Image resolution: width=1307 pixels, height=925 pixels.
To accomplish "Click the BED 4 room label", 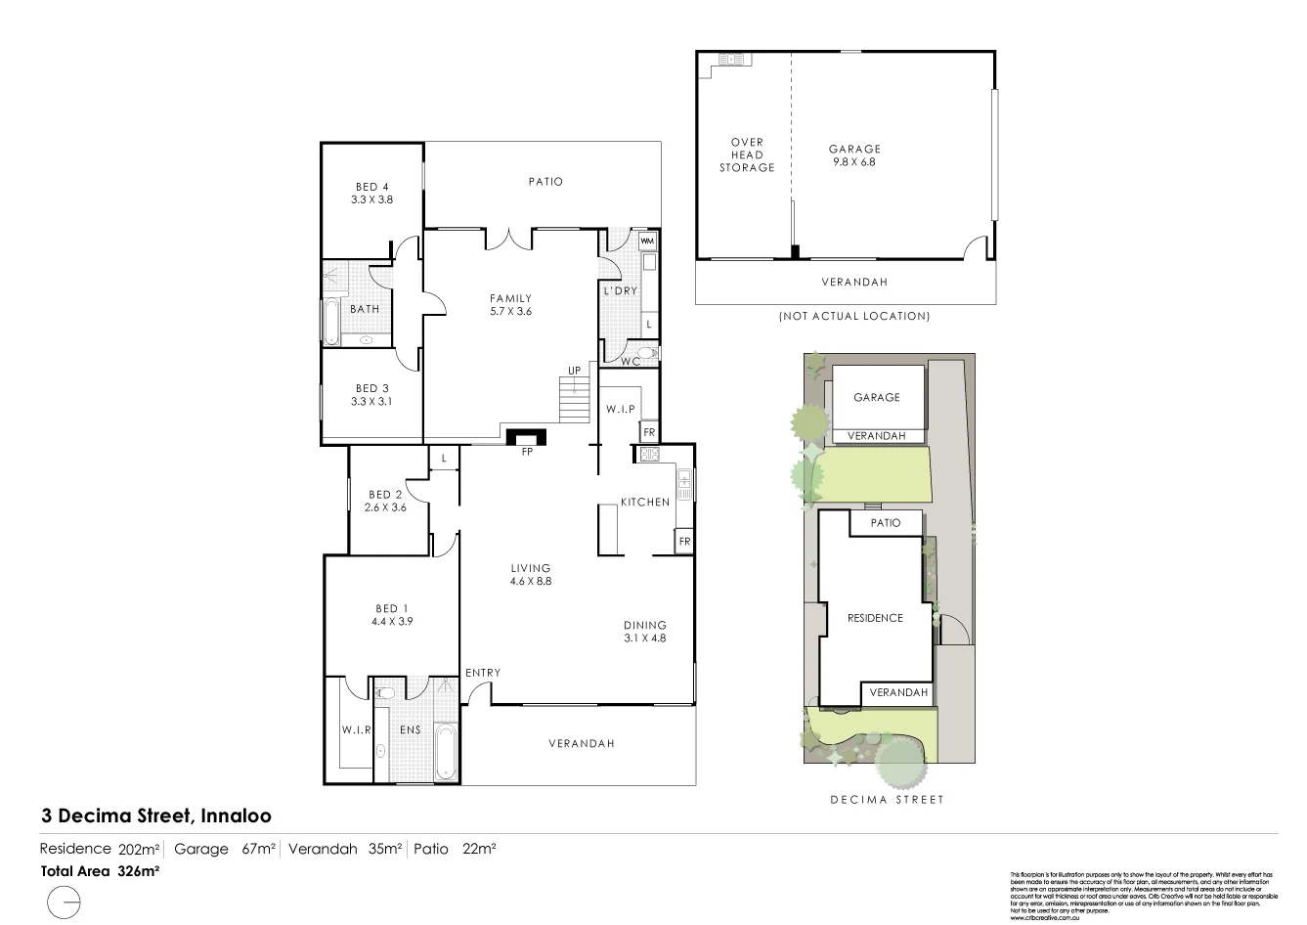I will click(x=371, y=193).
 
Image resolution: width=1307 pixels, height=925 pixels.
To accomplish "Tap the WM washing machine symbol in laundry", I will click(x=647, y=241).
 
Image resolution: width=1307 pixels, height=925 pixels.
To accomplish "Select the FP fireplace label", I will click(x=527, y=453).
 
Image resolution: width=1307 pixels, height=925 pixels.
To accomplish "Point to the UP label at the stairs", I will click(x=573, y=371).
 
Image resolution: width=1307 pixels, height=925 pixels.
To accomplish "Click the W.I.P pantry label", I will click(x=621, y=409).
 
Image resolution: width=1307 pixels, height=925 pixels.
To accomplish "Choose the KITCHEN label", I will click(x=645, y=503).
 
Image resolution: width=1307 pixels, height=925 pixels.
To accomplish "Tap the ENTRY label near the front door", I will click(x=483, y=673).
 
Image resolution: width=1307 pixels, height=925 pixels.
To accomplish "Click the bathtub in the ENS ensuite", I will click(x=445, y=752).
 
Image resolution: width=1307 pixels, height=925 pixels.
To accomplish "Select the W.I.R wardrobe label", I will click(x=353, y=729).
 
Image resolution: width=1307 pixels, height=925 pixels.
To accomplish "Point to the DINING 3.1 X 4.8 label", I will click(x=645, y=632).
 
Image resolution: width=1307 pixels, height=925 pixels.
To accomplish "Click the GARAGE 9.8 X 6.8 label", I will click(x=854, y=155).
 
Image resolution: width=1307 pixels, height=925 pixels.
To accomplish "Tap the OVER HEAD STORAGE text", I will click(x=747, y=154).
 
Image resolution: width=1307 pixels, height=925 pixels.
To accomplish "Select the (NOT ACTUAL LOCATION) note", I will click(x=853, y=316).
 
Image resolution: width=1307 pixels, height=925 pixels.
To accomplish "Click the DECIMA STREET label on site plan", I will click(x=887, y=800).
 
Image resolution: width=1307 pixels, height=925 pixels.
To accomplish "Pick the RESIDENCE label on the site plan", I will click(x=875, y=618).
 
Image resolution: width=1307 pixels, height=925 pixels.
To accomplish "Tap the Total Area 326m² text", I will click(x=100, y=870).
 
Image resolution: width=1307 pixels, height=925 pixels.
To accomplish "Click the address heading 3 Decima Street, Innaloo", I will click(x=156, y=815).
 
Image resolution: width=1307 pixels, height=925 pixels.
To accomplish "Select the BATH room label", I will click(x=365, y=309).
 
